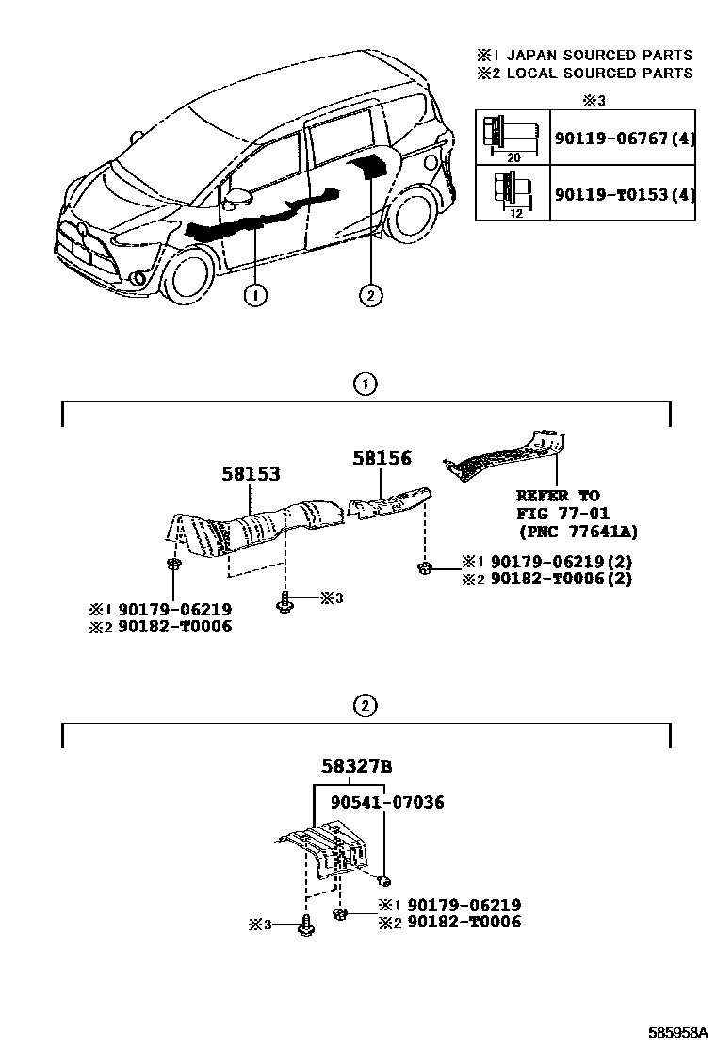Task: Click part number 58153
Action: pos(252,474)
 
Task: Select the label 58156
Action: pos(382,458)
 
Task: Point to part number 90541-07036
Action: pos(387,803)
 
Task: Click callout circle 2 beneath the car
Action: pos(370,296)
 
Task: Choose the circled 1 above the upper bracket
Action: pos(366,384)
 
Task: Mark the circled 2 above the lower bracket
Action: pos(366,705)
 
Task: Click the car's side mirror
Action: pos(236,198)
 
